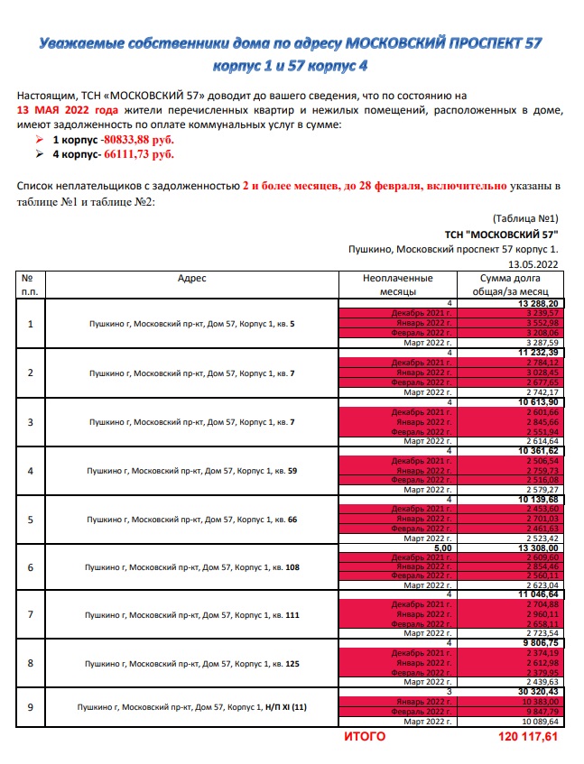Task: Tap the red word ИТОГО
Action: click(x=365, y=737)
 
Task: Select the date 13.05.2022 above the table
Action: click(x=533, y=263)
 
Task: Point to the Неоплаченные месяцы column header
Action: click(x=398, y=285)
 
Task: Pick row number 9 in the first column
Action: click(x=31, y=707)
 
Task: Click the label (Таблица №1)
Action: click(x=526, y=218)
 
